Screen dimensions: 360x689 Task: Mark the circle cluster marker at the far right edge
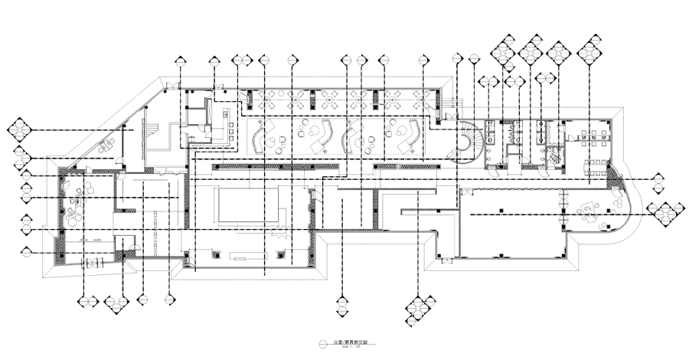(665, 210)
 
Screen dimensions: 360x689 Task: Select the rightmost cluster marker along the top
(589, 49)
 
